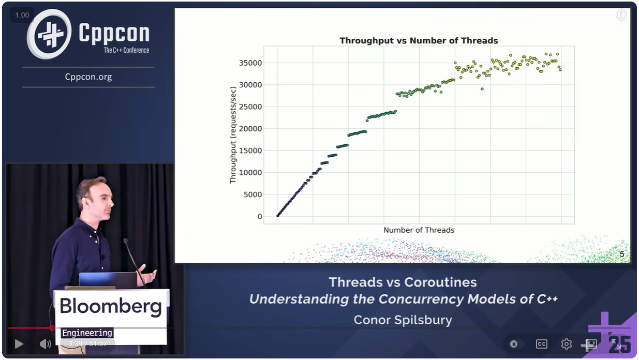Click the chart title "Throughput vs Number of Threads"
click(419, 40)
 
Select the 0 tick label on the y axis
click(260, 216)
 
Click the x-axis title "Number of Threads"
click(419, 230)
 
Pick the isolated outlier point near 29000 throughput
click(482, 89)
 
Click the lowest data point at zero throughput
click(277, 216)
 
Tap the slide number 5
click(622, 254)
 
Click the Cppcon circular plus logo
click(49, 34)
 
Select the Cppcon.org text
click(88, 77)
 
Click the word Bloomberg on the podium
click(111, 306)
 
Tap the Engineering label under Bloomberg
click(87, 333)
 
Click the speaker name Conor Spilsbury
click(403, 320)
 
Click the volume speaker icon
click(45, 344)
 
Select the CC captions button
click(541, 344)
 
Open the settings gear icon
click(567, 344)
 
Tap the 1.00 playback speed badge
click(22, 15)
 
